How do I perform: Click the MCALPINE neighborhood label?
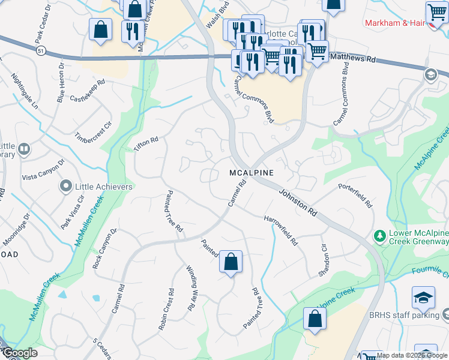pyautogui.click(x=252, y=173)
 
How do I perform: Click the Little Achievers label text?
pyautogui.click(x=104, y=187)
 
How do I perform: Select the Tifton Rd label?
pyautogui.click(x=146, y=144)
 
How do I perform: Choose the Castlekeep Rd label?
pyautogui.click(x=88, y=91)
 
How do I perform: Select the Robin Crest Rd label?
pyautogui.click(x=166, y=310)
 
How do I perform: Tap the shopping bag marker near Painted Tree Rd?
pyautogui.click(x=231, y=262)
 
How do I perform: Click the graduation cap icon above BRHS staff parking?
pyautogui.click(x=423, y=298)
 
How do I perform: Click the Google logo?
pyautogui.click(x=19, y=353)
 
